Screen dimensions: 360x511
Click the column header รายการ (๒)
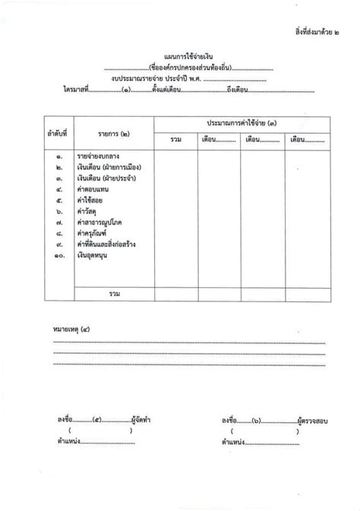[113, 134]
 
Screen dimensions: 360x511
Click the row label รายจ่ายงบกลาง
[101, 156]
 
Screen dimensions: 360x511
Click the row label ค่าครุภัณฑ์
[93, 234]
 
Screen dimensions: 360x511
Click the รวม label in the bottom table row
[115, 293]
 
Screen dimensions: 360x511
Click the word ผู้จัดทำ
[142, 419]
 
